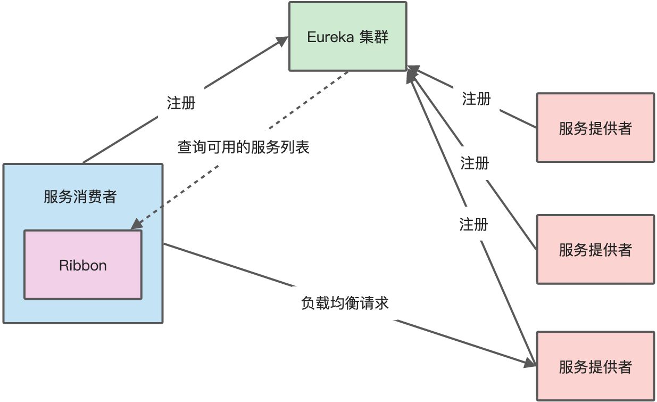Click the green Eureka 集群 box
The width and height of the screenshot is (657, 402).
point(348,36)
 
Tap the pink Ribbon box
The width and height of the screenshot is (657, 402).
point(83,265)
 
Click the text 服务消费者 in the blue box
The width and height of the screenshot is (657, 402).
point(80,197)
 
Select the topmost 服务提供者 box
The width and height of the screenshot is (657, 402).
point(595,128)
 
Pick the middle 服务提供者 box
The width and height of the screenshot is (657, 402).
point(595,249)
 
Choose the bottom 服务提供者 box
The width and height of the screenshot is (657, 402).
point(595,366)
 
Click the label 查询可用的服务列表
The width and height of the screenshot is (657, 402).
point(243,147)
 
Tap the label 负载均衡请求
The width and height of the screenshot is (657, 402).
point(345,303)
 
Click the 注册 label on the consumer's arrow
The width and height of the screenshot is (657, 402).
point(181,103)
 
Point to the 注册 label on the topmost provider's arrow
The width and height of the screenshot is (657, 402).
point(476,99)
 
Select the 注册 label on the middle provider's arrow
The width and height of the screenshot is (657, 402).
point(475,163)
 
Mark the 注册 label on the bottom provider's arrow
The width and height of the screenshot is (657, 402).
point(473,224)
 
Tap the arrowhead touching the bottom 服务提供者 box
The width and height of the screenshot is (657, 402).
point(530,364)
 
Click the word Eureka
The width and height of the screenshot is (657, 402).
point(330,37)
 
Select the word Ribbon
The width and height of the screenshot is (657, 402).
point(83,265)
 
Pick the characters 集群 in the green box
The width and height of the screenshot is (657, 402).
point(375,37)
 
